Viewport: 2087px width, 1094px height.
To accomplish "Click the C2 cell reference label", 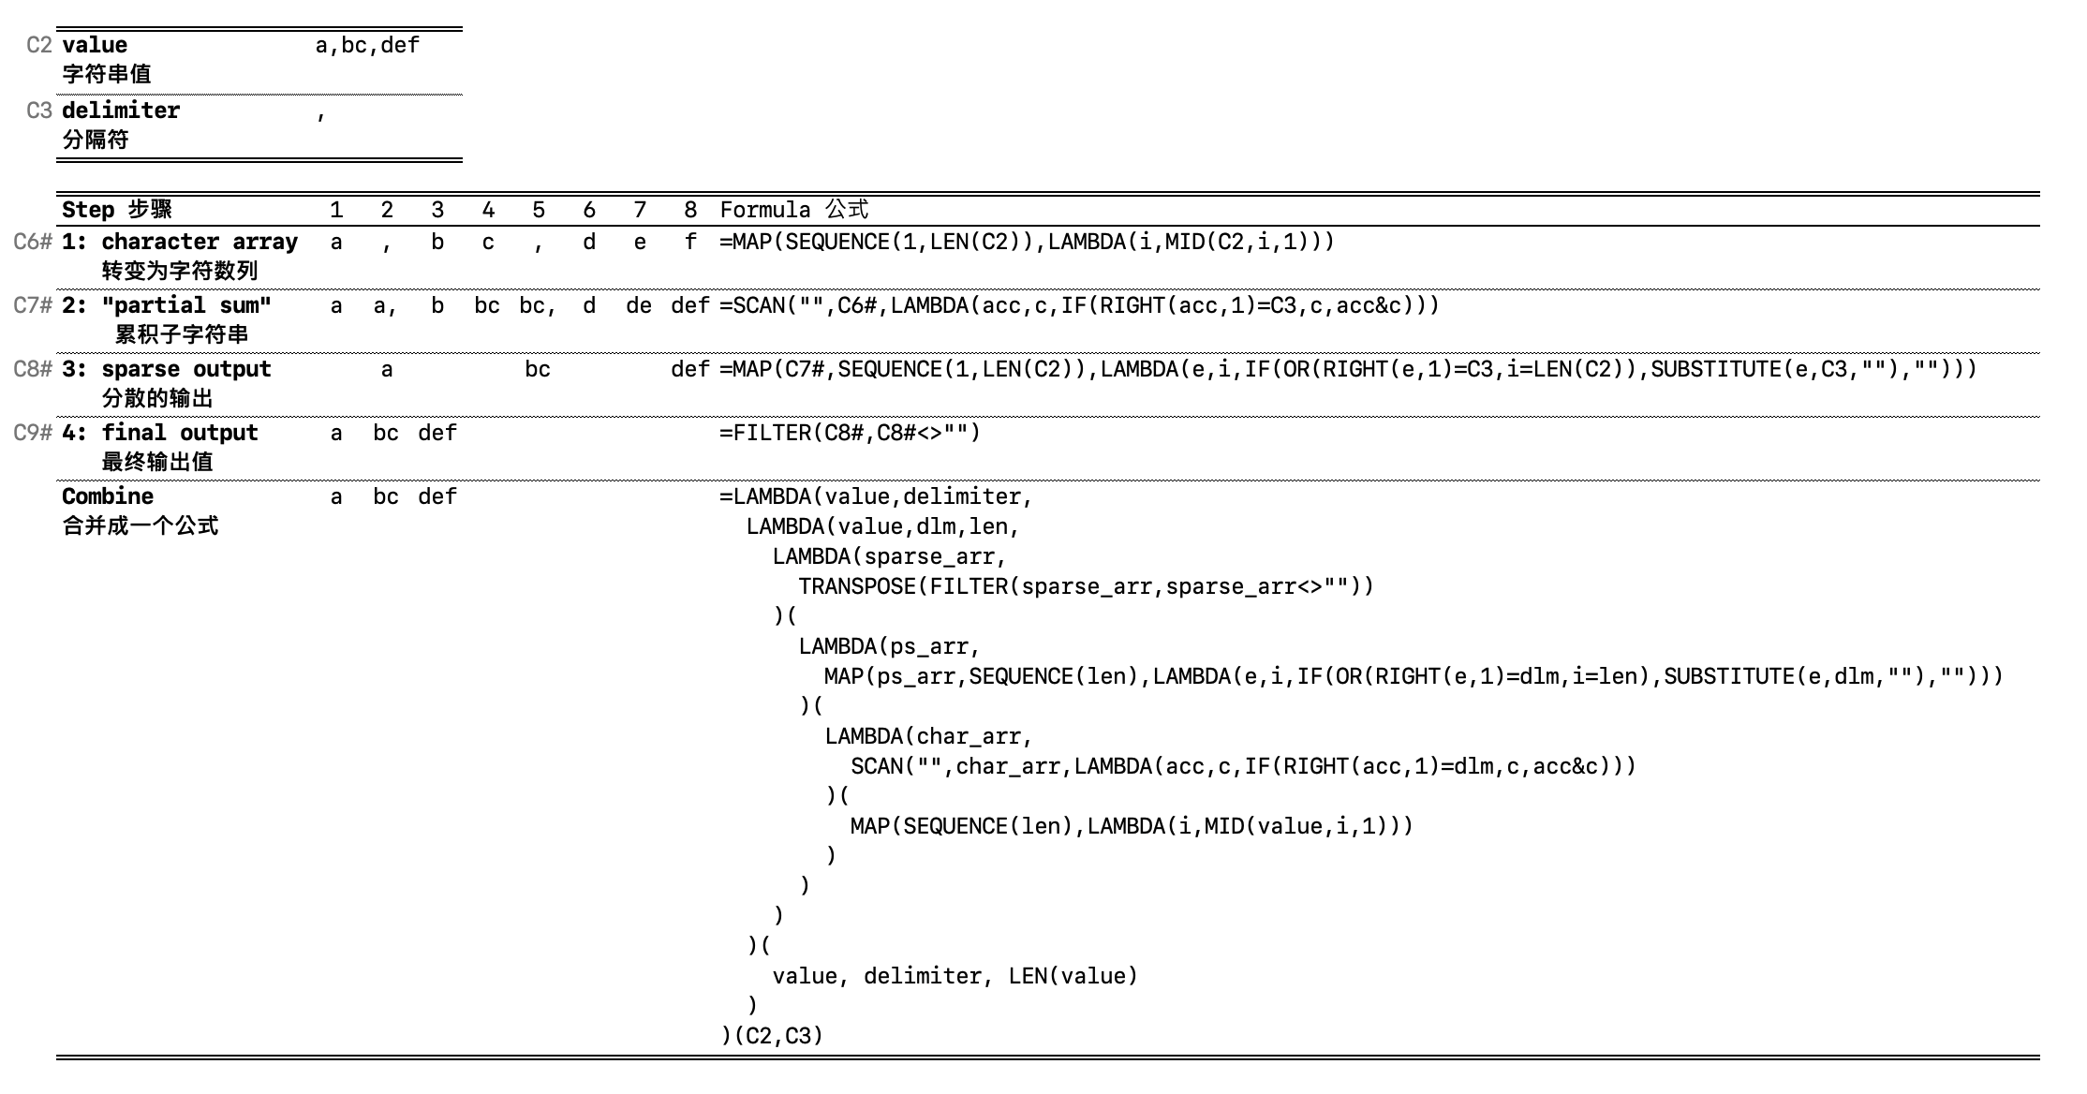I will [x=38, y=45].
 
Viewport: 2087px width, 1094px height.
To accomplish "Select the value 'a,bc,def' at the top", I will [x=367, y=45].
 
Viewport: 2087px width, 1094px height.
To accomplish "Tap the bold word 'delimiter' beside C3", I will [x=120, y=111].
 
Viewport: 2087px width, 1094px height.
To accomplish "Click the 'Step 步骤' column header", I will [x=116, y=210].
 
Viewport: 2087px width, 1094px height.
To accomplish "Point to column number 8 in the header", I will [x=690, y=210].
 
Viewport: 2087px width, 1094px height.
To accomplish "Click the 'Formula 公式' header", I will [x=793, y=210].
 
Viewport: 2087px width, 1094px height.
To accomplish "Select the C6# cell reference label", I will [x=33, y=242].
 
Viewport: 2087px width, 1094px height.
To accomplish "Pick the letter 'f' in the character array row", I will [x=690, y=242].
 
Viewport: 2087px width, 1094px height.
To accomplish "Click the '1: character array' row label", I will [x=179, y=242].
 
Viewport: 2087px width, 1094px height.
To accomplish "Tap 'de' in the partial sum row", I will [x=639, y=305].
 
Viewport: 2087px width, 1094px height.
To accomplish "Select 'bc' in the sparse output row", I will [x=538, y=369].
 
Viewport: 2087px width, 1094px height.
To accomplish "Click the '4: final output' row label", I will [x=159, y=433].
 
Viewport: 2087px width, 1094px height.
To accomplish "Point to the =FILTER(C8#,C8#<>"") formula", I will [x=850, y=433].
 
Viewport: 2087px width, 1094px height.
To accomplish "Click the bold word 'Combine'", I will [x=108, y=496].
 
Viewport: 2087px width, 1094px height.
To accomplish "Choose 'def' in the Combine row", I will [x=437, y=496].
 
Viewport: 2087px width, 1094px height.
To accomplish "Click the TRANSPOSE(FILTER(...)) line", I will [x=1086, y=586].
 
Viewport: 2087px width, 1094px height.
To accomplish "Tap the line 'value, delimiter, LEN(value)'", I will [x=955, y=976].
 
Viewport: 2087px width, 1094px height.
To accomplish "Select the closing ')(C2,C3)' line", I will [x=772, y=1036].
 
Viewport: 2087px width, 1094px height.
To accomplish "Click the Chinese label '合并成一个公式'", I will [x=141, y=525].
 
